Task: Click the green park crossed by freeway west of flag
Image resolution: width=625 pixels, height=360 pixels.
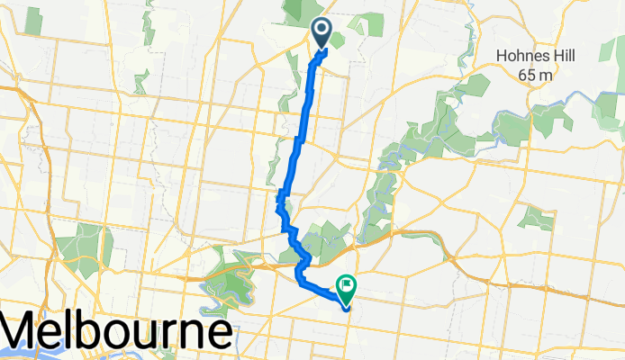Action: (x=230, y=279)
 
